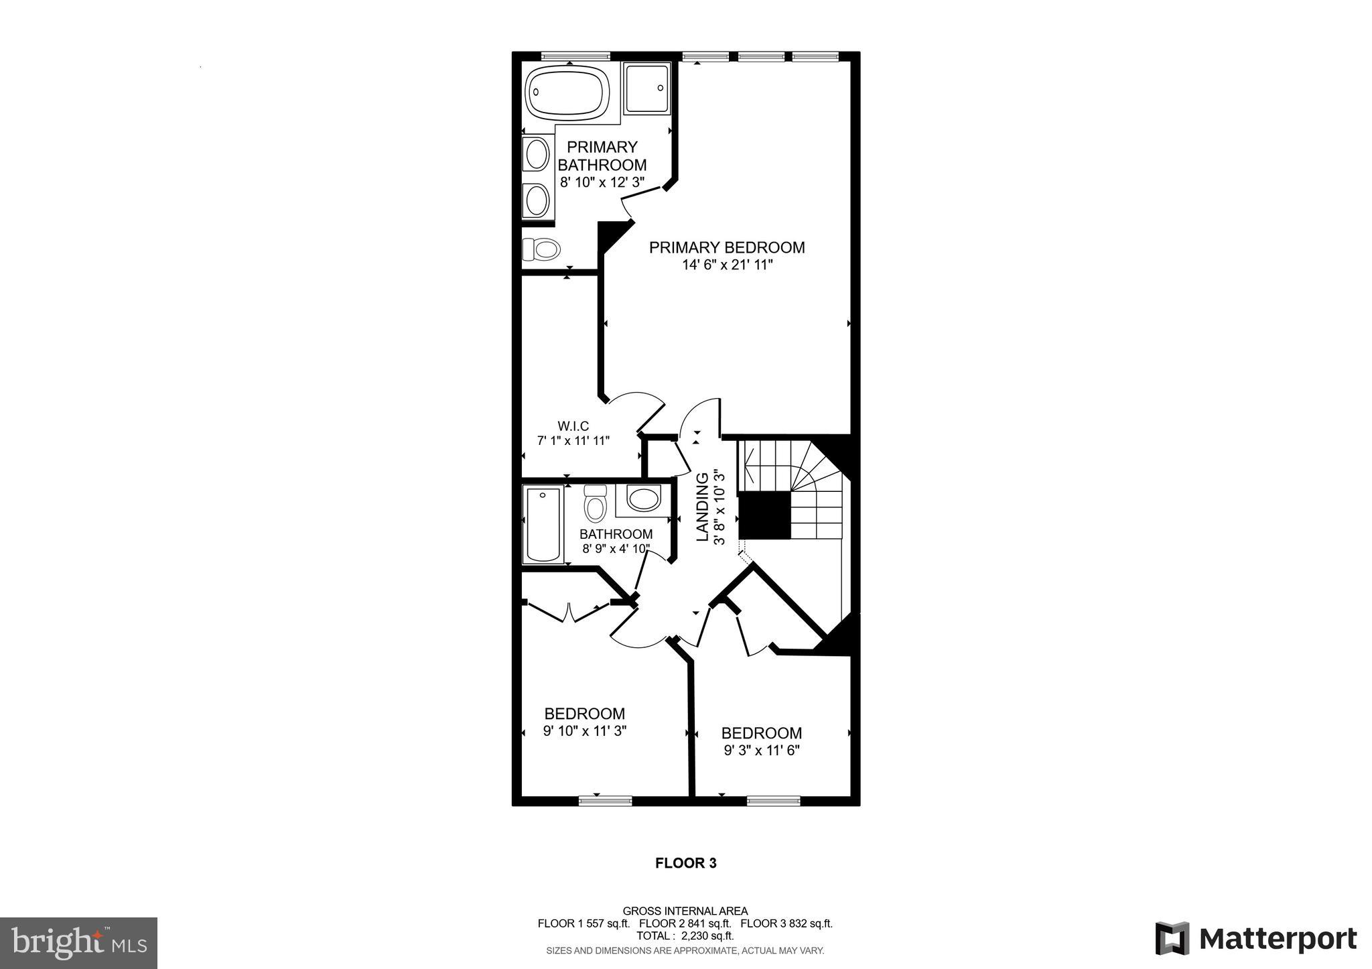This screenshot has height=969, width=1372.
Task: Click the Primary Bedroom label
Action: pyautogui.click(x=727, y=247)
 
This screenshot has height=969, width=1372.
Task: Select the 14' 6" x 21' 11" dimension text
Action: pyautogui.click(x=727, y=265)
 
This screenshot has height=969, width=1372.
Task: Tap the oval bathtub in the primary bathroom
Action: pyautogui.click(x=567, y=94)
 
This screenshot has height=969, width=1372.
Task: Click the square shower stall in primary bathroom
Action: pyautogui.click(x=646, y=88)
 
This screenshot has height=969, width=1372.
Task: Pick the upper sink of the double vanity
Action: pyautogui.click(x=537, y=155)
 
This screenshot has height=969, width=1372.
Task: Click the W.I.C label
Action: pyautogui.click(x=573, y=426)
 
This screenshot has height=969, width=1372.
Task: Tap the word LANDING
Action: pyautogui.click(x=702, y=507)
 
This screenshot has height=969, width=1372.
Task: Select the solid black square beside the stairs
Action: pyautogui.click(x=764, y=515)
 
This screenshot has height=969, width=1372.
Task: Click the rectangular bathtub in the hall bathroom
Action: pyautogui.click(x=543, y=525)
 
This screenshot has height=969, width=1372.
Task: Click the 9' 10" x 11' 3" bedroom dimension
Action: pyautogui.click(x=584, y=731)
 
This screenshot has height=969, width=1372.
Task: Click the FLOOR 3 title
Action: pyautogui.click(x=685, y=863)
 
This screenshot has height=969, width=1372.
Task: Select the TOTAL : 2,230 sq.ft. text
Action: pyautogui.click(x=685, y=936)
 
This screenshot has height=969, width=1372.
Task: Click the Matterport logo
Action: pyautogui.click(x=1255, y=939)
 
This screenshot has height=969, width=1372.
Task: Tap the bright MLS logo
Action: pyautogui.click(x=79, y=943)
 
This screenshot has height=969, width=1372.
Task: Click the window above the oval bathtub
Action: pyautogui.click(x=575, y=56)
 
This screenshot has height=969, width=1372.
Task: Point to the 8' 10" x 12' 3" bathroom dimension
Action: pyautogui.click(x=602, y=182)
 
